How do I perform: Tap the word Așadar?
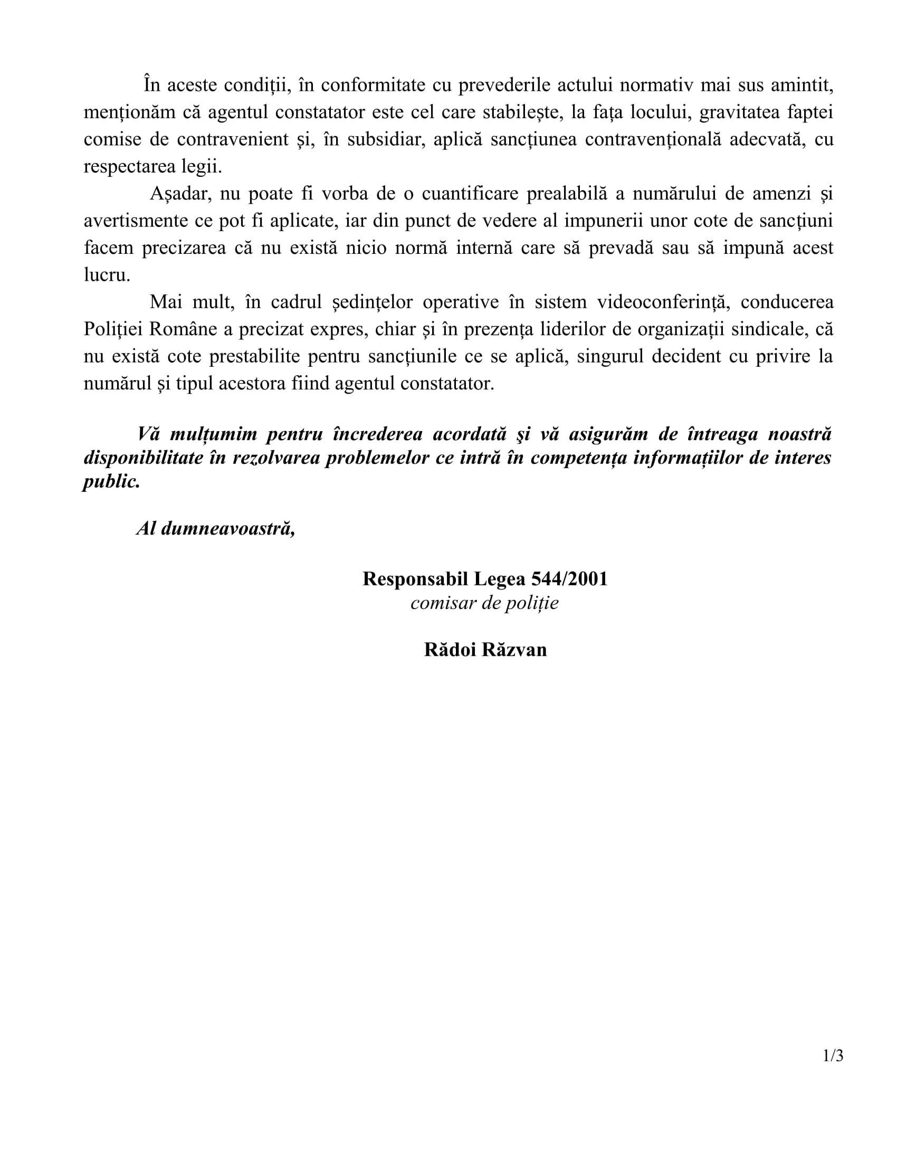pyautogui.click(x=180, y=194)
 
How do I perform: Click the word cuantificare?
pyautogui.click(x=470, y=194)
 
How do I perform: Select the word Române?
pyautogui.click(x=182, y=329)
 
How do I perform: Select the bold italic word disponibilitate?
pyautogui.click(x=143, y=458)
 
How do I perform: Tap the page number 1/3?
pyautogui.click(x=833, y=1055)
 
